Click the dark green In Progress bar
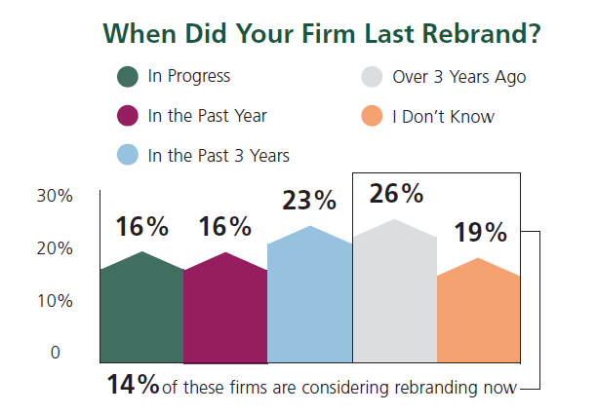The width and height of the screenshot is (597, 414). [x=141, y=310]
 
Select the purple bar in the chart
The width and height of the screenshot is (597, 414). [x=225, y=310]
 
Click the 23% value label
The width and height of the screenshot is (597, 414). [x=309, y=202]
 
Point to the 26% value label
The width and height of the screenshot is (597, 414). [x=396, y=194]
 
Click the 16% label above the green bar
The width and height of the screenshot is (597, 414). [x=142, y=227]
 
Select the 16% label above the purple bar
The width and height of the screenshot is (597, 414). [x=226, y=227]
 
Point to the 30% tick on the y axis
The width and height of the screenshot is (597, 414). [x=55, y=196]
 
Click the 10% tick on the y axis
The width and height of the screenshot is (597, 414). [x=55, y=301]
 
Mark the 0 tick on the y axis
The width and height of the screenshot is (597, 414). [x=57, y=353]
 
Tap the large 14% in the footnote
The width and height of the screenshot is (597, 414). [x=134, y=385]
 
